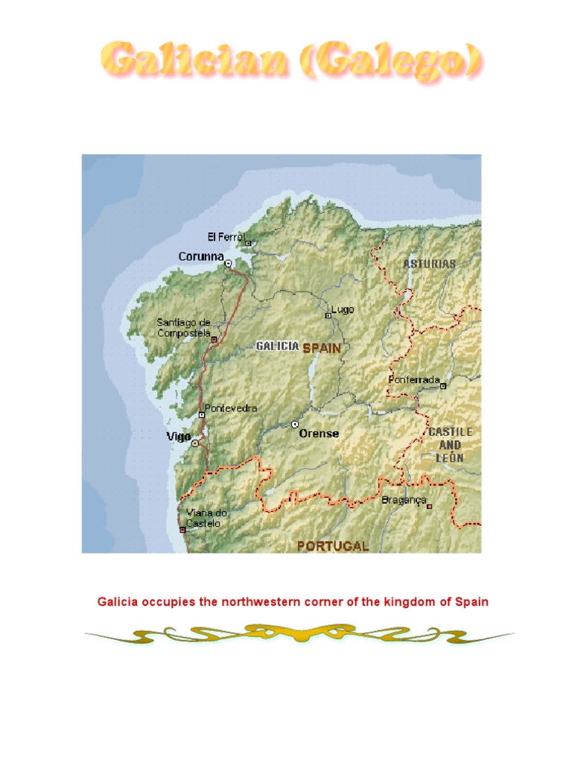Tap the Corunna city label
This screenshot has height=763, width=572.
point(201,256)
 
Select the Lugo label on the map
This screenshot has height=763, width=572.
point(343,308)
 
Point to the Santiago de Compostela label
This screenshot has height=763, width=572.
point(183,328)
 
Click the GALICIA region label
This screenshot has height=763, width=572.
point(277,346)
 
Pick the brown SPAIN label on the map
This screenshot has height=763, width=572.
point(321,347)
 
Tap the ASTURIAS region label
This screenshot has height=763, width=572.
point(430,264)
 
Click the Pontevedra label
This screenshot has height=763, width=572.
point(231,408)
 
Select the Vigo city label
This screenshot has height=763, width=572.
point(179,437)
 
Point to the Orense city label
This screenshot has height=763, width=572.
point(319,433)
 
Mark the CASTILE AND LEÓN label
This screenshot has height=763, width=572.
point(451,445)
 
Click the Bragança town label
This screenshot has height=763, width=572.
point(404,500)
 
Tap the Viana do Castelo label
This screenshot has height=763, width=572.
point(207,518)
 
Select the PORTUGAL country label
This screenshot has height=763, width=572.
point(333,545)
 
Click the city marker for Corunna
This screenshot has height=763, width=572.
point(228,263)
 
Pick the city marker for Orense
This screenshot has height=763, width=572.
point(295,425)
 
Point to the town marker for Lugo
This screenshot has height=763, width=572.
point(328,316)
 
